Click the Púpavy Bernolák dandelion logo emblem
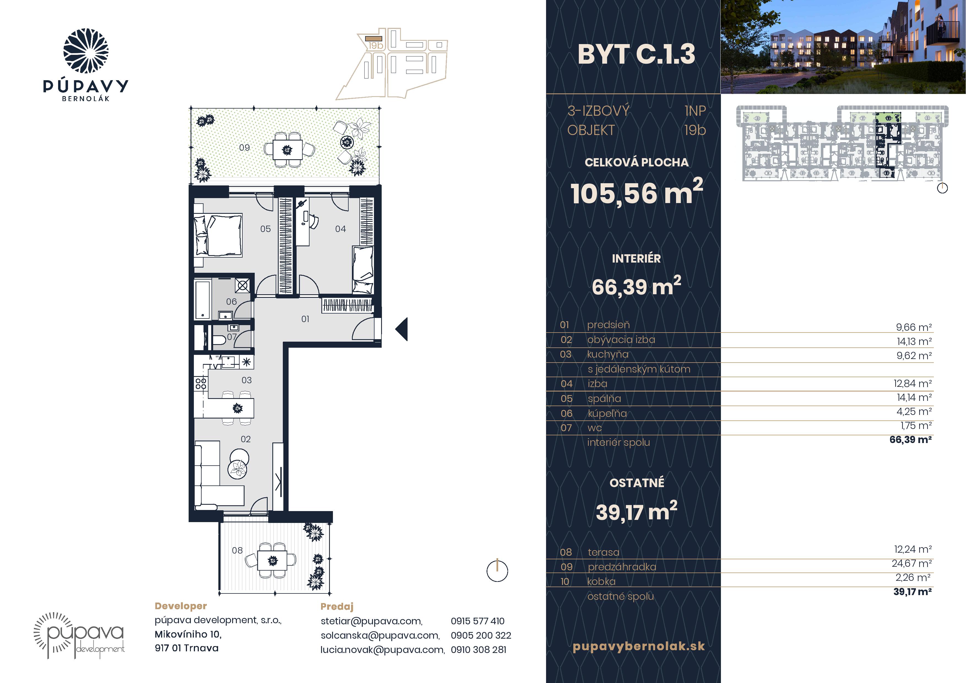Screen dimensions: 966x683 (86, 51)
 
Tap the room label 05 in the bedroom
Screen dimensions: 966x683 (265, 229)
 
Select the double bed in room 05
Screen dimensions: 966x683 (218, 235)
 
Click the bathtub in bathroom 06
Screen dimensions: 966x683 (203, 300)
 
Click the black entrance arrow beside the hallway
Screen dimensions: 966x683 (401, 329)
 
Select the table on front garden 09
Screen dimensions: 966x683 (287, 149)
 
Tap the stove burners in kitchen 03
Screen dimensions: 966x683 (201, 383)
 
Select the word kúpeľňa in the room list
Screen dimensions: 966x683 (607, 414)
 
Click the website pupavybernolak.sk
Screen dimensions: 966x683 (639, 646)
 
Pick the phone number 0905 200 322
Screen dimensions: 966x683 (481, 635)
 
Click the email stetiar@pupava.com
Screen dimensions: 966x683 (371, 621)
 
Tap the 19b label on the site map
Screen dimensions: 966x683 (375, 45)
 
